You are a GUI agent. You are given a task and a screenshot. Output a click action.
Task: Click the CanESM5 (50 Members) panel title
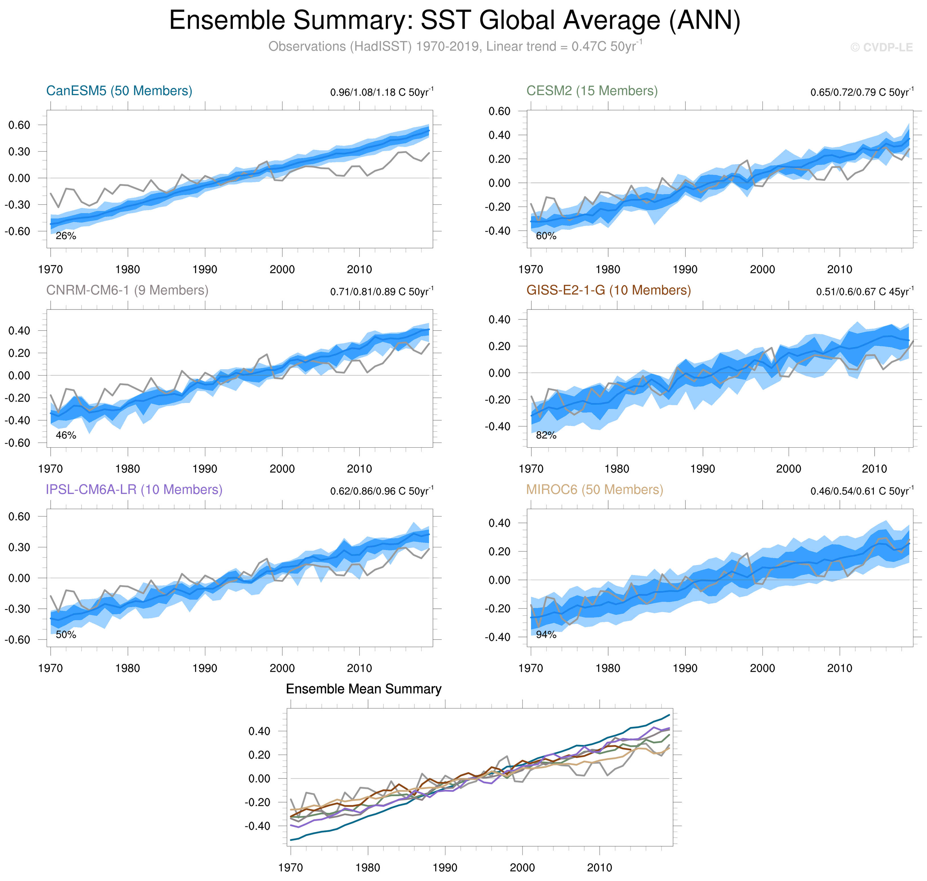point(119,91)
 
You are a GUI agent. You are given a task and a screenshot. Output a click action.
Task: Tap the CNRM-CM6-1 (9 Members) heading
point(127,290)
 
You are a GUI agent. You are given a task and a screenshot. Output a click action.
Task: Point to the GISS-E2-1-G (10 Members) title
point(608,290)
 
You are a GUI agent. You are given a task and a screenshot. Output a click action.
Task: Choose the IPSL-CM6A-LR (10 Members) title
point(134,489)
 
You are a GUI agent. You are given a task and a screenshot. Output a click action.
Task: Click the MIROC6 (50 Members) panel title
point(594,489)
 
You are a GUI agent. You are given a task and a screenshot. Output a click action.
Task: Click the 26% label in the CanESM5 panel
point(66,236)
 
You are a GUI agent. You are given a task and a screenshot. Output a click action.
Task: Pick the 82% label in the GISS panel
point(546,435)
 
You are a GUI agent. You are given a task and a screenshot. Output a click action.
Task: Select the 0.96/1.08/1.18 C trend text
point(382,92)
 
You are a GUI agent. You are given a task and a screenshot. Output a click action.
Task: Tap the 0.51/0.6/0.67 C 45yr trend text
point(865,292)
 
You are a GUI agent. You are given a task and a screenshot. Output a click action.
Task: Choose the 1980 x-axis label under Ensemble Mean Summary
point(367,867)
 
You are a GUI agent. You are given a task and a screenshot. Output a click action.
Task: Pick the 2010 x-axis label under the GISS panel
point(874,469)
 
